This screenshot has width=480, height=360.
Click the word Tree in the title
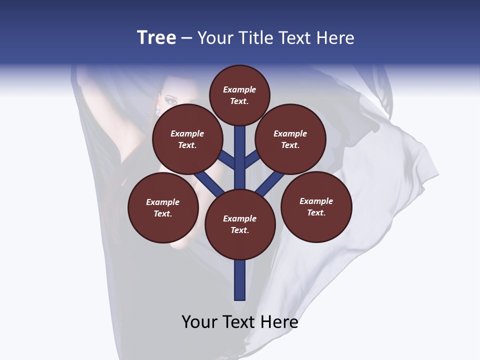(156, 38)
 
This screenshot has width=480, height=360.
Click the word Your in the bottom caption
(199, 322)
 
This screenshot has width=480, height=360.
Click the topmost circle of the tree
(239, 95)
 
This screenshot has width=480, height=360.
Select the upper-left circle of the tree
(187, 139)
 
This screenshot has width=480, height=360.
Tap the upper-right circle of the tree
(290, 139)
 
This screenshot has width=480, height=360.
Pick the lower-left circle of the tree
(163, 207)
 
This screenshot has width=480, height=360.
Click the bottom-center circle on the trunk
(240, 224)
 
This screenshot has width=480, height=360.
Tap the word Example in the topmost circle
(239, 90)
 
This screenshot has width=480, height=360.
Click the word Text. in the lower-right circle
(316, 212)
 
